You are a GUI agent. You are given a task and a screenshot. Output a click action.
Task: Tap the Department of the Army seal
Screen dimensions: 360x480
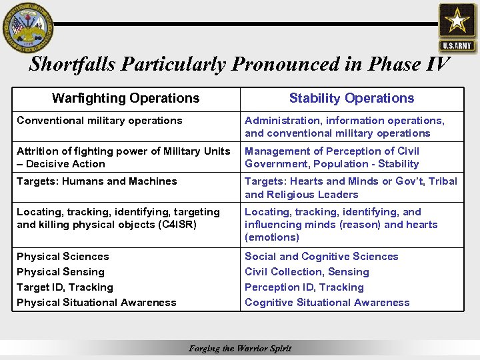[27, 27]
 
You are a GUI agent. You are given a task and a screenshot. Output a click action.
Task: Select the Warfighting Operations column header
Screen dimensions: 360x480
[125, 99]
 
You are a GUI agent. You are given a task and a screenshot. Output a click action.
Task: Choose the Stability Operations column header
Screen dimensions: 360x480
[351, 99]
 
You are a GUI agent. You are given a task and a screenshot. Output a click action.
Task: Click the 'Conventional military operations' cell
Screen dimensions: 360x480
[99, 121]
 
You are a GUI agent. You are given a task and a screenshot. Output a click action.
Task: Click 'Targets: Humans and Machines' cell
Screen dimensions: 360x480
[97, 181]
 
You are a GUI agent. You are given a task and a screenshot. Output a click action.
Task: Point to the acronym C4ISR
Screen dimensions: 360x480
[175, 225]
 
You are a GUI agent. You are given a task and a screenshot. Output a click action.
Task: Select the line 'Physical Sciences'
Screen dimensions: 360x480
[63, 257]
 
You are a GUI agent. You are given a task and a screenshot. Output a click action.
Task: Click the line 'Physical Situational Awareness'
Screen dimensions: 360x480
[97, 303]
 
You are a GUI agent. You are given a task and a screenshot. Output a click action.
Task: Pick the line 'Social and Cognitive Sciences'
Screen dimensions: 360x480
[321, 257]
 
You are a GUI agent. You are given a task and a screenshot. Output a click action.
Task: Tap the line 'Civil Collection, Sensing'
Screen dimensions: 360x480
[307, 272]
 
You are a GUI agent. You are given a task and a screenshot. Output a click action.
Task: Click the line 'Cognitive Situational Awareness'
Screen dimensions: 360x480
[327, 303]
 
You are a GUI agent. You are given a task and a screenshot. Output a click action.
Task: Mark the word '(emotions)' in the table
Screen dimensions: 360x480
[272, 237]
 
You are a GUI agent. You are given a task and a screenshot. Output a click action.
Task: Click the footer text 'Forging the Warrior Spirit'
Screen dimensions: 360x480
[240, 349]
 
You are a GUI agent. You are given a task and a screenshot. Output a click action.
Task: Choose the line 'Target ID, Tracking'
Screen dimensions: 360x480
[65, 287]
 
